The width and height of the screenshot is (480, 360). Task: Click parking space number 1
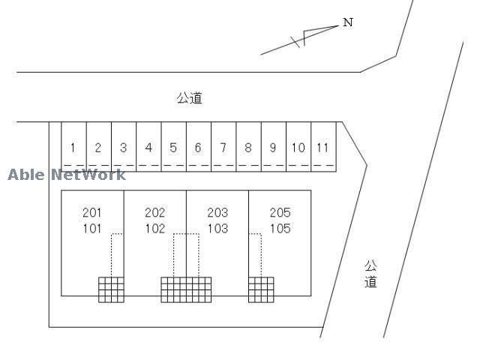(x=73, y=148)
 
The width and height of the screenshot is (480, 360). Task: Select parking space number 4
(x=148, y=148)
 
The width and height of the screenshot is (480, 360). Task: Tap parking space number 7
(x=223, y=148)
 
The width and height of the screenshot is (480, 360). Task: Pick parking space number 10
(x=298, y=148)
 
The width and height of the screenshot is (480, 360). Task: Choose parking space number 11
(x=322, y=148)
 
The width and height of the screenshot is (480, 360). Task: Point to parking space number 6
(x=198, y=148)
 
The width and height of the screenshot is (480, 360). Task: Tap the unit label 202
(x=154, y=213)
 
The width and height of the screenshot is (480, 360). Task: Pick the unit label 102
(x=154, y=229)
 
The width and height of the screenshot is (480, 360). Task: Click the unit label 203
(x=217, y=213)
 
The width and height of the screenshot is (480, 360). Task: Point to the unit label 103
(x=217, y=229)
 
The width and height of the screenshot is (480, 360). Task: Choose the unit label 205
(x=280, y=213)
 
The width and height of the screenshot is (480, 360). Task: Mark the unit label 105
(x=280, y=229)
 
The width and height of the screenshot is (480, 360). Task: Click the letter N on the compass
(x=348, y=22)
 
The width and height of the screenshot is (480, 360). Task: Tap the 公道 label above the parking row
(x=190, y=98)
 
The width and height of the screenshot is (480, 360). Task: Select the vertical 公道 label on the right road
(x=370, y=274)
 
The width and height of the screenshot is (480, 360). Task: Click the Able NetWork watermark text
(x=67, y=175)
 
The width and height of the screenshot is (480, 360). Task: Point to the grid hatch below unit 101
(x=111, y=289)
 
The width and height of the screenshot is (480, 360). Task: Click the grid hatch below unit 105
(x=261, y=289)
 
